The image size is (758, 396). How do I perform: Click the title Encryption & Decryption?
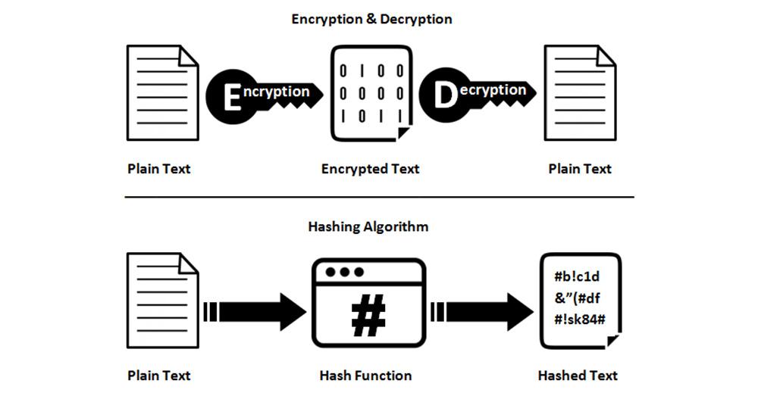tap(371, 20)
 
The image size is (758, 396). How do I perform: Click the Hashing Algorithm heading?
tap(368, 226)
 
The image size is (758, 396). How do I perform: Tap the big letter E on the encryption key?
tap(233, 98)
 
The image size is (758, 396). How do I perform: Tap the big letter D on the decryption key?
tap(445, 95)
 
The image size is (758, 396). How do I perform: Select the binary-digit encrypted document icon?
tap(371, 93)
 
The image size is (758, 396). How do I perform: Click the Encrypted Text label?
tap(371, 169)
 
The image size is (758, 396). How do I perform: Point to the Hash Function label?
tap(366, 376)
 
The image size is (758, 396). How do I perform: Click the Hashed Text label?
tap(578, 376)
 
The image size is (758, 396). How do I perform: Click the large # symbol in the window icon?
tap(368, 315)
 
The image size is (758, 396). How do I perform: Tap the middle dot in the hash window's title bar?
tap(345, 272)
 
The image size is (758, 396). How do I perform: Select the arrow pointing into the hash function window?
tap(255, 311)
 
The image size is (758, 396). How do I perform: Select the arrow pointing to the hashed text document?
tap(482, 311)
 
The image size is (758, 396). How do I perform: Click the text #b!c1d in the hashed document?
tap(577, 276)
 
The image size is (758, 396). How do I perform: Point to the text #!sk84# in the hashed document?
tap(580, 320)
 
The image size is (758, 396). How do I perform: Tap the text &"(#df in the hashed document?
tap(577, 298)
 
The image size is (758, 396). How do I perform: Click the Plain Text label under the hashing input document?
tap(159, 376)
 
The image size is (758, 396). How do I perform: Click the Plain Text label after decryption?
tap(580, 169)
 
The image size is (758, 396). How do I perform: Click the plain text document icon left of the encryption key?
tap(163, 92)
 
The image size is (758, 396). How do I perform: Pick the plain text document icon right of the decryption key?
tap(580, 92)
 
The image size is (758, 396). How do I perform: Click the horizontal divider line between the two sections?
tap(380, 197)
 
